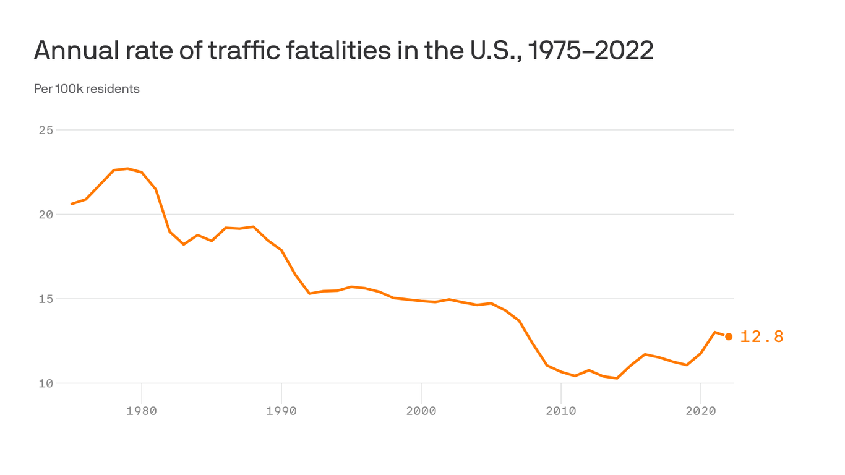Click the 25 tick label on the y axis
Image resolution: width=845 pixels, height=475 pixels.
(45, 130)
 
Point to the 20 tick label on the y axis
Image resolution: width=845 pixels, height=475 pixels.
(45, 215)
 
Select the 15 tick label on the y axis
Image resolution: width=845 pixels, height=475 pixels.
(45, 299)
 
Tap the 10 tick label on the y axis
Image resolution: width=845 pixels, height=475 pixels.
(45, 383)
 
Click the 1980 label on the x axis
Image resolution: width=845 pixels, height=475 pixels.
(142, 410)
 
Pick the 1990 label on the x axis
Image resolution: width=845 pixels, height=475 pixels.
(281, 410)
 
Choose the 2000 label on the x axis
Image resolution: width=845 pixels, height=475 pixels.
(421, 410)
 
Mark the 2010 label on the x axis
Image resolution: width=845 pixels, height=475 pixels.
(560, 410)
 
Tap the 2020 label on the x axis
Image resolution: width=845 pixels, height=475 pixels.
(700, 410)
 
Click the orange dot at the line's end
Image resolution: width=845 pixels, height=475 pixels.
(729, 336)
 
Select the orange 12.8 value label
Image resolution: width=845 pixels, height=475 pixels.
(761, 336)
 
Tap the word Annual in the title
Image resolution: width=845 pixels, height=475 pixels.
(75, 51)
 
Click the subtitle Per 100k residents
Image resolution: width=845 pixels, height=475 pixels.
(87, 89)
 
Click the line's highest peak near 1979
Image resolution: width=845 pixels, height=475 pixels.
(127, 168)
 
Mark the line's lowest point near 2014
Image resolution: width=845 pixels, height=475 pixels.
(617, 378)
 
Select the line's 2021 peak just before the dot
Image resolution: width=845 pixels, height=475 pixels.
(714, 332)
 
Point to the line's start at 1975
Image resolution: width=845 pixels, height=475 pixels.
(72, 203)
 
